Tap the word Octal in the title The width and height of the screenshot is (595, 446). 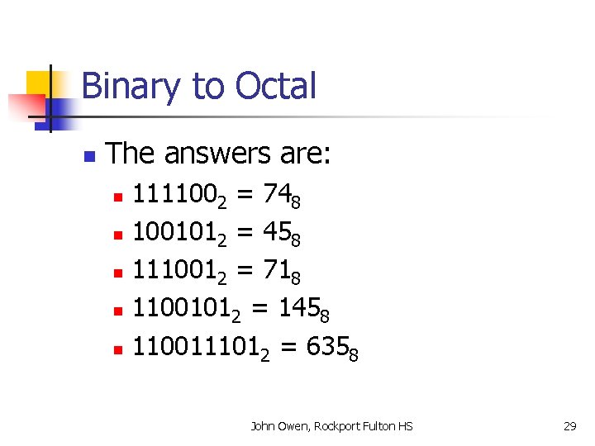click(x=275, y=86)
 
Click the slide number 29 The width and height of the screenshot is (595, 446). click(x=569, y=426)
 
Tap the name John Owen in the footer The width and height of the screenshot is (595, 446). click(x=278, y=426)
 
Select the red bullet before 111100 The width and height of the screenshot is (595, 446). click(x=118, y=197)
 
